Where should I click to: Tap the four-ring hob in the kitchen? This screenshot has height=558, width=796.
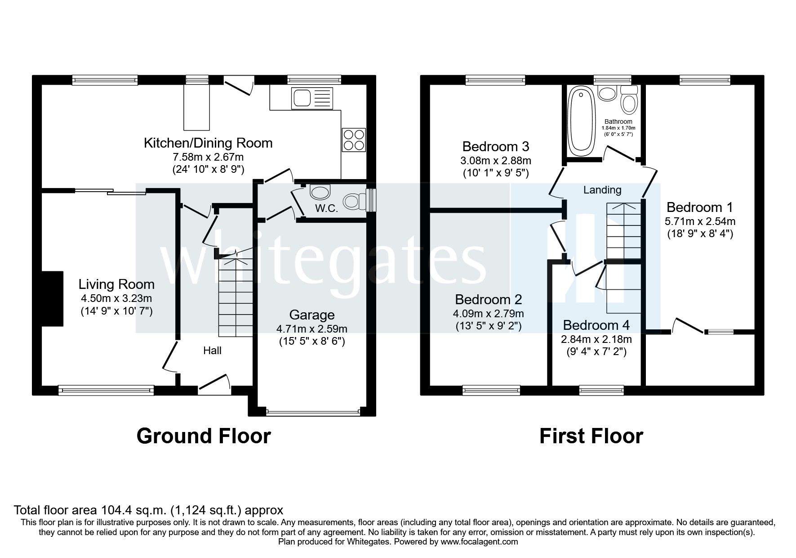[354, 139]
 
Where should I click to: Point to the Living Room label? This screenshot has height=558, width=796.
[116, 284]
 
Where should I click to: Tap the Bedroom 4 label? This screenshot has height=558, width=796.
[596, 325]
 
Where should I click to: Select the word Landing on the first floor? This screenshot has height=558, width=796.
[602, 190]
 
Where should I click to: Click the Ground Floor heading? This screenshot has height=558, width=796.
[204, 436]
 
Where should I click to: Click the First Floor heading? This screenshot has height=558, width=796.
[591, 436]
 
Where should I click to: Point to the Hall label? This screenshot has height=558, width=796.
[212, 350]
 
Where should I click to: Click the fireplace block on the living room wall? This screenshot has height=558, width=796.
[52, 298]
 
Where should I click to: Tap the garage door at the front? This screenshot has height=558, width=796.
[313, 411]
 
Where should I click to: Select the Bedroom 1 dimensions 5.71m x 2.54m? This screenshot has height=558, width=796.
[700, 221]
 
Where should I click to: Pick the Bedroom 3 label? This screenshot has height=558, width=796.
[495, 146]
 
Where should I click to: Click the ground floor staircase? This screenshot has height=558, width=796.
[236, 297]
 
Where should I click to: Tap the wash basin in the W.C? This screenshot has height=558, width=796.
[320, 193]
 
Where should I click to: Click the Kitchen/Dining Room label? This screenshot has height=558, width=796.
[208, 143]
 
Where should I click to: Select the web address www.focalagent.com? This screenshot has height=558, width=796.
[479, 542]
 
